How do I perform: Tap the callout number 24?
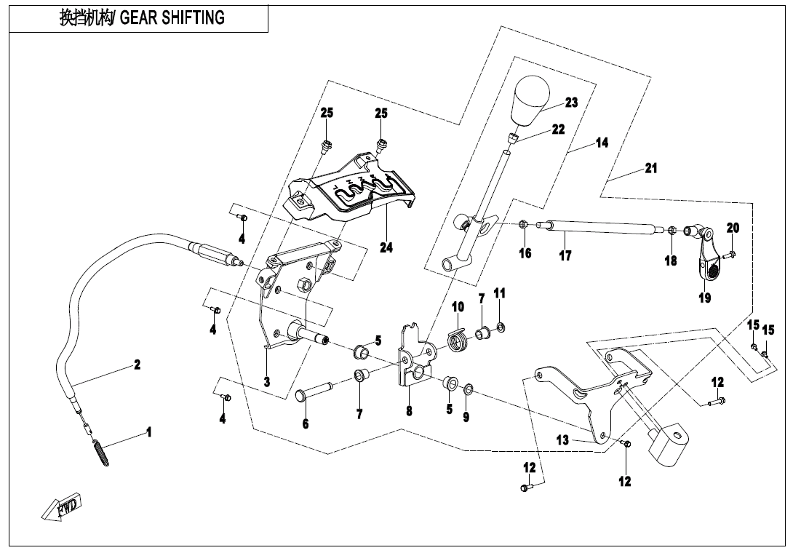click(386, 248)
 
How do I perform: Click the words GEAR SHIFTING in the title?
click(172, 18)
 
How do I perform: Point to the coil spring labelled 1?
click(100, 450)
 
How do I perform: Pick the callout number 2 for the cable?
click(137, 365)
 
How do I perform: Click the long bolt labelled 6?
click(311, 391)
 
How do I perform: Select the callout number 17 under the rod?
click(565, 255)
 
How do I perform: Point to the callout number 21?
click(651, 168)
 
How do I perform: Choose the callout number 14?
click(602, 143)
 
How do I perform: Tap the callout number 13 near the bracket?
click(562, 439)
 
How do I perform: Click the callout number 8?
click(409, 411)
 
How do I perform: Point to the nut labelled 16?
click(524, 225)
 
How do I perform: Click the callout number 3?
click(267, 381)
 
